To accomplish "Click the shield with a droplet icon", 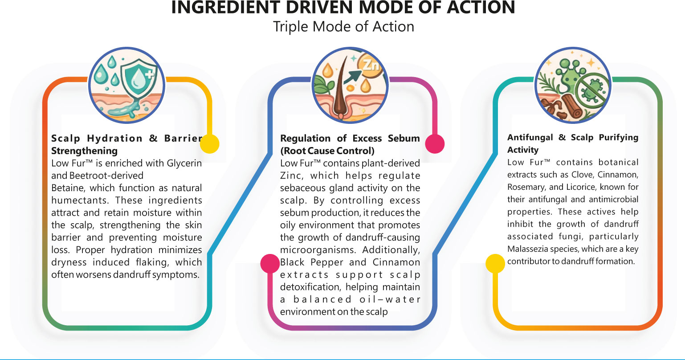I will click(138, 78).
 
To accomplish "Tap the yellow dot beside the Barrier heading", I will click(210, 144).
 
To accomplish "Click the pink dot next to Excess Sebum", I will click(435, 144).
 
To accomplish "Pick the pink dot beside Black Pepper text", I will click(270, 263).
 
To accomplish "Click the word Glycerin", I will click(184, 164).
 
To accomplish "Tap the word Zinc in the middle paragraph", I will click(291, 176).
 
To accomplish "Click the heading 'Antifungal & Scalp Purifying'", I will click(573, 138).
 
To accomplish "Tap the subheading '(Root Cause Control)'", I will click(327, 150).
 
